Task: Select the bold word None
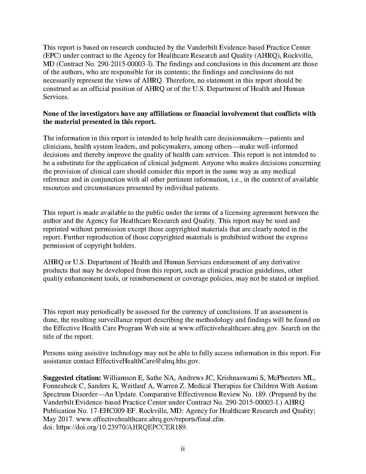51,114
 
